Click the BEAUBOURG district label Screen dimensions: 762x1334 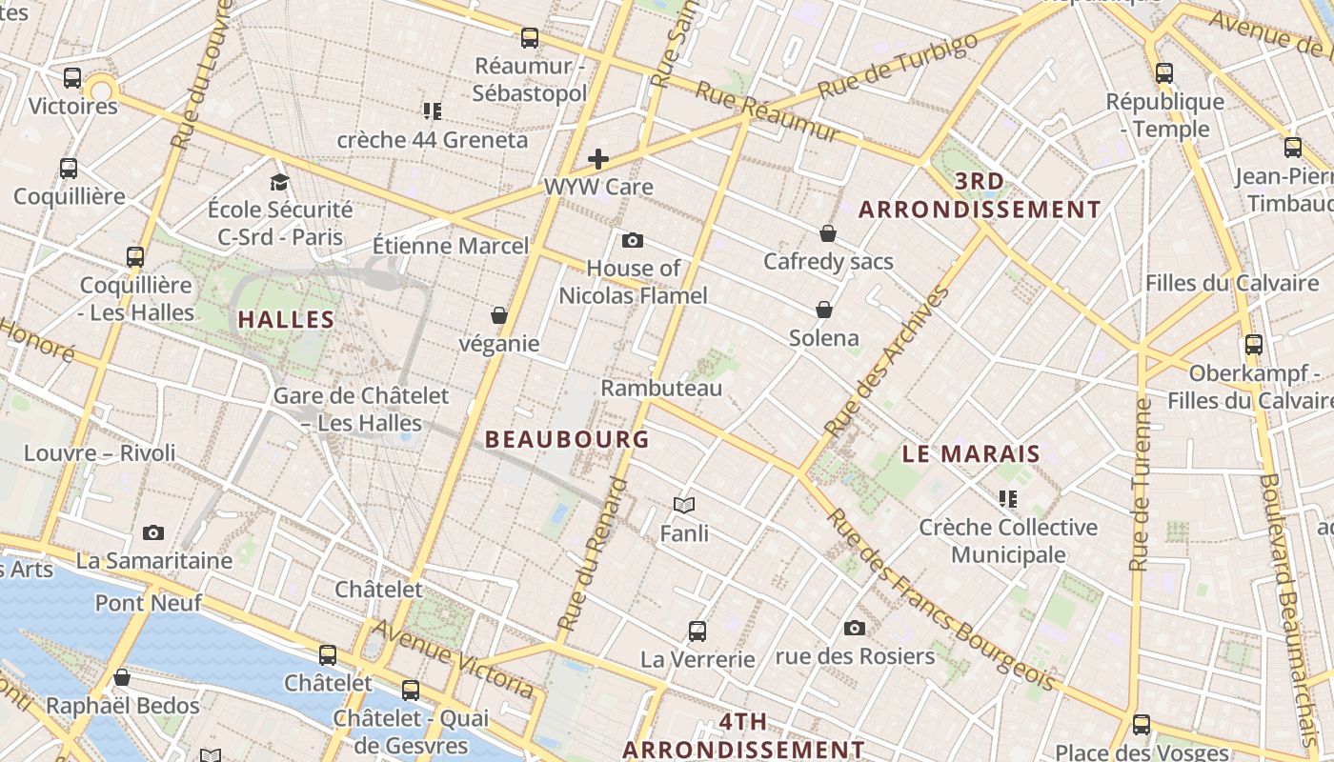567,439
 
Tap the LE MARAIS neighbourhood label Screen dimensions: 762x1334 971,454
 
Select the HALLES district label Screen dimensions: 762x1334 286,320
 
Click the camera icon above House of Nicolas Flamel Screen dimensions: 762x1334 632,240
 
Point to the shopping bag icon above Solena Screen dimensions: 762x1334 824,310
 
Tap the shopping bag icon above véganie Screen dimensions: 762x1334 498,315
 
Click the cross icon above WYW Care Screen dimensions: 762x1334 598,158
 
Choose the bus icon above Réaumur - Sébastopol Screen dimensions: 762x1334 530,38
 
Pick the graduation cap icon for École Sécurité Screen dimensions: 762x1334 279,182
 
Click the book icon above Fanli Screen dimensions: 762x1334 684,505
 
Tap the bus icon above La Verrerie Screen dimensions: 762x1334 697,631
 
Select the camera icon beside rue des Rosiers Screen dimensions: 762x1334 855,628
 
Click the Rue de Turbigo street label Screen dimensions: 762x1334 899,65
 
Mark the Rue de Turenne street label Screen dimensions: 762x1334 1140,486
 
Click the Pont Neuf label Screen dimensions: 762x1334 148,603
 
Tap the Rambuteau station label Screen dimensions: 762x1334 661,388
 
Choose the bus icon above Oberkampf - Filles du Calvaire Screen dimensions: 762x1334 1254,345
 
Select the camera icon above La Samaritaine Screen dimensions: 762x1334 153,532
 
